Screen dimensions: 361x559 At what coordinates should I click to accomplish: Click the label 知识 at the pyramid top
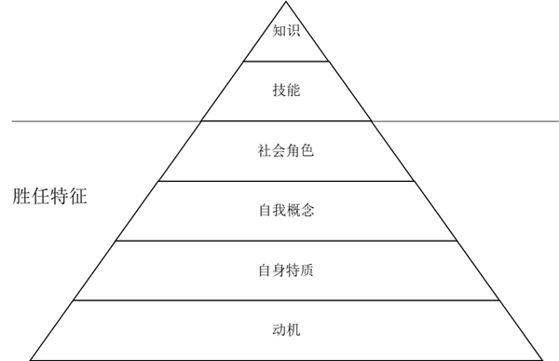pos(286,31)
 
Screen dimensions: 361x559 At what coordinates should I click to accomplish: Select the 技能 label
pos(286,90)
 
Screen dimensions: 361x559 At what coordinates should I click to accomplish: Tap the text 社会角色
pos(286,151)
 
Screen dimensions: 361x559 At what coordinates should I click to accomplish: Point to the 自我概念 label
pos(286,211)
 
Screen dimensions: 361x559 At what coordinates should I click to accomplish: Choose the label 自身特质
pos(286,271)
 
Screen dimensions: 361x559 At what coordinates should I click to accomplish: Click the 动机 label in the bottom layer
pos(286,330)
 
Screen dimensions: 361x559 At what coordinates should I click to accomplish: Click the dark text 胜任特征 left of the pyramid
pos(50,197)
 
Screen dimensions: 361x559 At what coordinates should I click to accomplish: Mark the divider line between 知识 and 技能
pos(286,61)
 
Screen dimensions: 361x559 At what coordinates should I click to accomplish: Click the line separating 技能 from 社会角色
pos(286,121)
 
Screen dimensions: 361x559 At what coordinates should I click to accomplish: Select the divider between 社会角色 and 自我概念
pos(286,181)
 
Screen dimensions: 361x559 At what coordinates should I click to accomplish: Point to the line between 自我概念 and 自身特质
pos(286,241)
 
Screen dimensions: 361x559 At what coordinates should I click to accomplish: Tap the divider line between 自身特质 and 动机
pos(286,300)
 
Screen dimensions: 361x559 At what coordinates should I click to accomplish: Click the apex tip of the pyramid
pos(286,3)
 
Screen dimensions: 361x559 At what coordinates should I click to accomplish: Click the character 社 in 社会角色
pos(265,151)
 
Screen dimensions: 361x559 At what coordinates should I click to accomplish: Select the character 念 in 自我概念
pos(307,211)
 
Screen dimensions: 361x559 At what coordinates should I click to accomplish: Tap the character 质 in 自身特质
pos(307,271)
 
